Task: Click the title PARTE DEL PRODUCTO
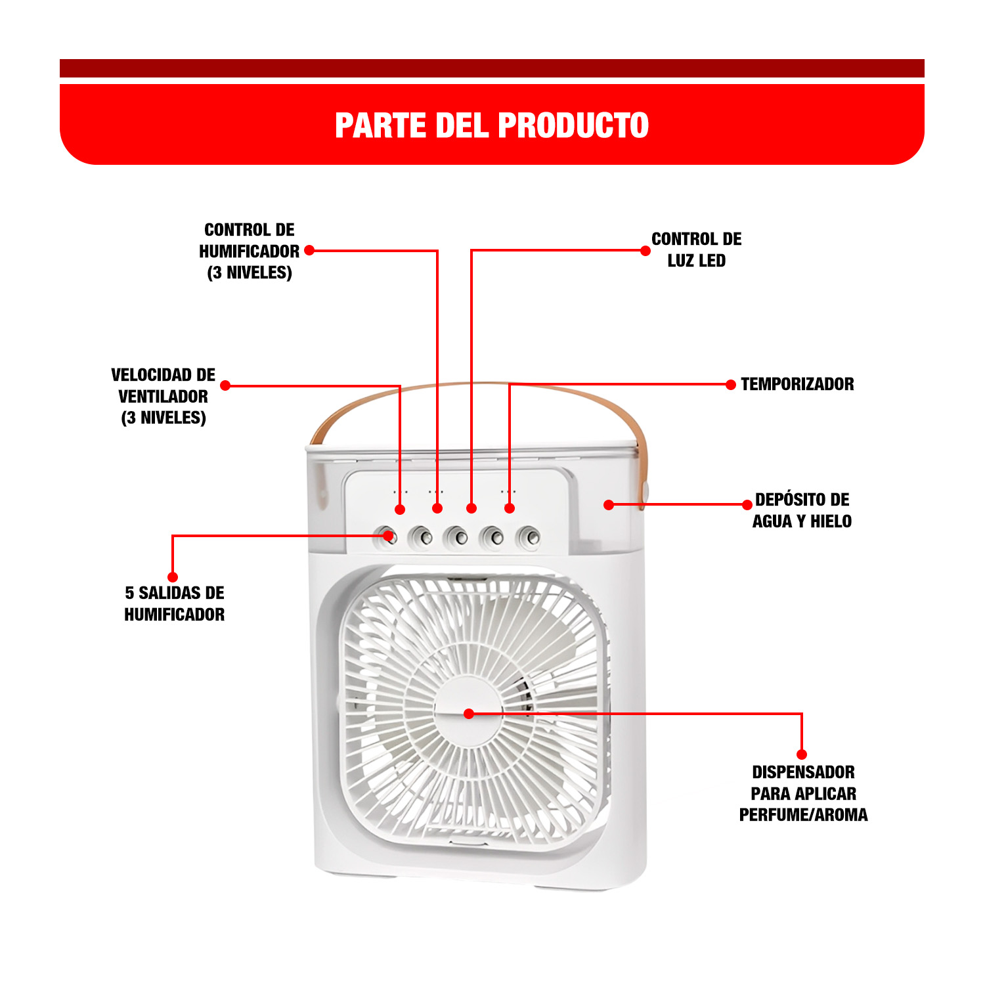coord(492,125)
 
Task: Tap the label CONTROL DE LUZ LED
coord(696,250)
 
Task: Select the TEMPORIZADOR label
coord(797,384)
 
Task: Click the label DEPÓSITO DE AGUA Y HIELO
coord(802,510)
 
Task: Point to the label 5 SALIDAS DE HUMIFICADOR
coord(175,603)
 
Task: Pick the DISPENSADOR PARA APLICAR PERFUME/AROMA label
coord(803,793)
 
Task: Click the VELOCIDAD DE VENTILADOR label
coord(164,396)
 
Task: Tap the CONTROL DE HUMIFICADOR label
coord(250,251)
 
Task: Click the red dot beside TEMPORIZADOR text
coord(731,385)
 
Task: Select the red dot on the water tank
coord(609,505)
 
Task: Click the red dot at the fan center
coord(469,714)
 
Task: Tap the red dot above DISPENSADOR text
coord(802,755)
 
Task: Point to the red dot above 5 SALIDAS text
coord(173,577)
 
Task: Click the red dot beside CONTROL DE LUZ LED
coord(646,251)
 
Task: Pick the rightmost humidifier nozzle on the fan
coord(529,538)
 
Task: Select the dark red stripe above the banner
coord(492,68)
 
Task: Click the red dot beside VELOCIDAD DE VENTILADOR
coord(225,385)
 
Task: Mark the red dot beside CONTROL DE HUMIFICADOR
coord(309,250)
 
